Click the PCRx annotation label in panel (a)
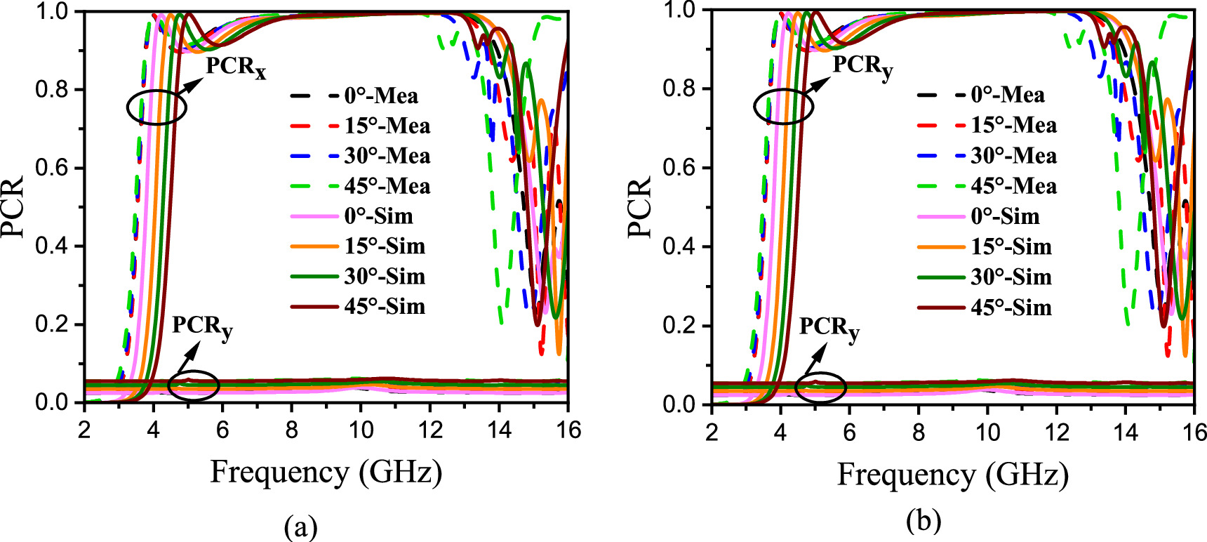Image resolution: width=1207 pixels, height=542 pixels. point(236,67)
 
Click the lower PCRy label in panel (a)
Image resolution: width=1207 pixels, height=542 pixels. point(202,327)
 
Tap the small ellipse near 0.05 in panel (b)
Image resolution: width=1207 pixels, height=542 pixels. point(821,387)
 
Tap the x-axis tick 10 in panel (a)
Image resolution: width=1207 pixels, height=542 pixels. point(361,430)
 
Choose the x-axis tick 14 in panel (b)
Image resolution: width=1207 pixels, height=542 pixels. point(1126,432)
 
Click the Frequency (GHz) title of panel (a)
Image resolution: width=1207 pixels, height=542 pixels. point(326,472)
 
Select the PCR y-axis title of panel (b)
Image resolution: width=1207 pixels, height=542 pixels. point(641,207)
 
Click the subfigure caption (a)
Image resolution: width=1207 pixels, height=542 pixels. point(301,525)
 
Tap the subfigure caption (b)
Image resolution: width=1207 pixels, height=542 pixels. point(923,521)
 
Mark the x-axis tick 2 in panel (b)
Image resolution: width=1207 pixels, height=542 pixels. point(712,432)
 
